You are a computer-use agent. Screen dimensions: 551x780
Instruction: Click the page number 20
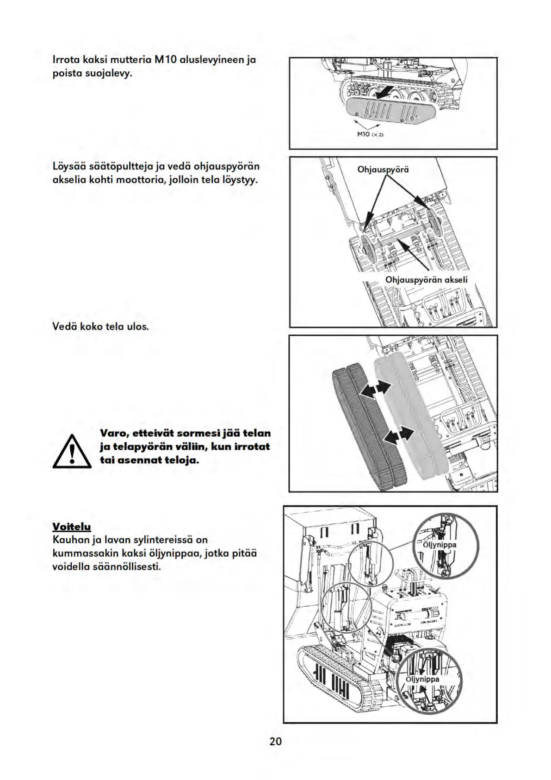pyautogui.click(x=275, y=741)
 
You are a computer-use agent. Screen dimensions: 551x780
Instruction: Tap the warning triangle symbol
pyautogui.click(x=72, y=451)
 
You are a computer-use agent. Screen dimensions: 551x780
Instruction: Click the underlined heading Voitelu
pyautogui.click(x=72, y=527)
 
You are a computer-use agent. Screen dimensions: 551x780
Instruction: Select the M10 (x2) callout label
pyautogui.click(x=371, y=134)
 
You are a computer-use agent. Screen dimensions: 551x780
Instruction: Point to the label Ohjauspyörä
pyautogui.click(x=383, y=170)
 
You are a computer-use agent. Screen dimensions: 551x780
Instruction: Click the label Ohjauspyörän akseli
pyautogui.click(x=426, y=280)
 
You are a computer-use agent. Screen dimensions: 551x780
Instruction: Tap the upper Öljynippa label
pyautogui.click(x=440, y=545)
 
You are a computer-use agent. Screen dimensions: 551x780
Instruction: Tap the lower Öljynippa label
pyautogui.click(x=422, y=679)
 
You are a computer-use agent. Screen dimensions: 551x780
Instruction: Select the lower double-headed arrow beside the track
pyautogui.click(x=399, y=434)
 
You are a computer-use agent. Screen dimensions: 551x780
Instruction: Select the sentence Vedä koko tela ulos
pyautogui.click(x=101, y=327)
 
